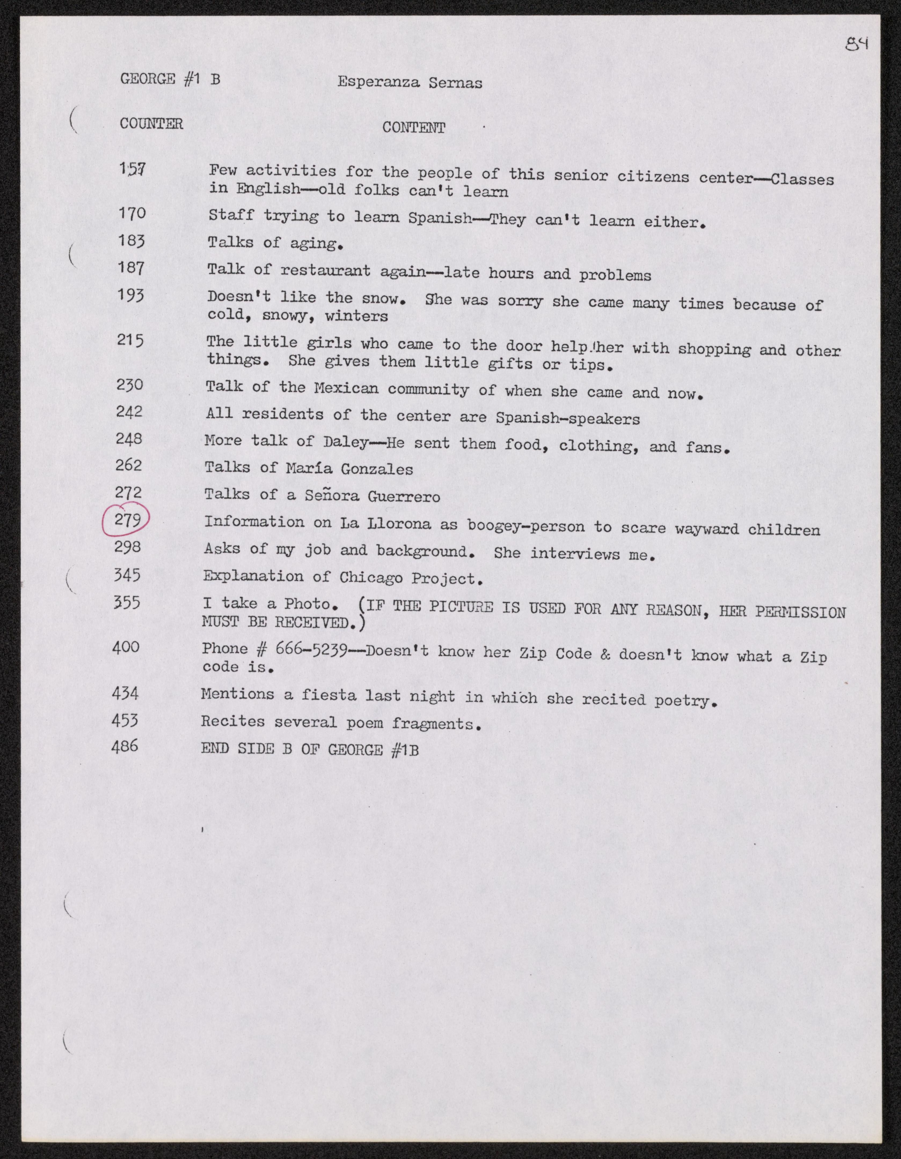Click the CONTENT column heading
pos(413,128)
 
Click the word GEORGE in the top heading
pos(148,79)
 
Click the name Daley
pos(345,442)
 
